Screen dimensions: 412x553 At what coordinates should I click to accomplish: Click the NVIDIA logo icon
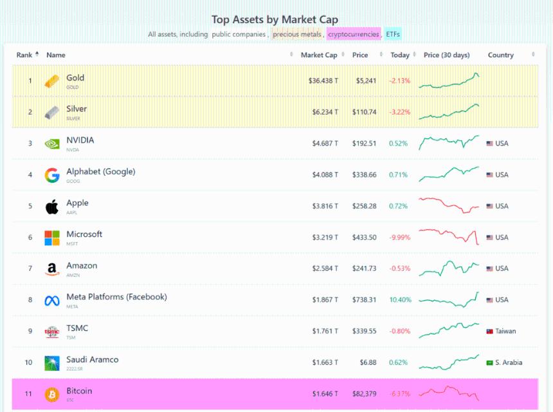(51, 144)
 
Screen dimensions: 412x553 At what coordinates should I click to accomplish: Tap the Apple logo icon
(51, 206)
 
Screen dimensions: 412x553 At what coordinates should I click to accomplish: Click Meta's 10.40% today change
(399, 300)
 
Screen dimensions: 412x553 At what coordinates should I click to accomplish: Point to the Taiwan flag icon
(489, 332)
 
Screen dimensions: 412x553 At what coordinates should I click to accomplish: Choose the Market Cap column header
(319, 55)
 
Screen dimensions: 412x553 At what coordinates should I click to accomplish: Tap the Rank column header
(24, 55)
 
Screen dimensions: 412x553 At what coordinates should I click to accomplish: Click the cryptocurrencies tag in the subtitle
(353, 34)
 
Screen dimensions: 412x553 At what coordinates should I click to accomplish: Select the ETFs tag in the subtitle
(393, 34)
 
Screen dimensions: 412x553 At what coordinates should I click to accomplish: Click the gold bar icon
(51, 81)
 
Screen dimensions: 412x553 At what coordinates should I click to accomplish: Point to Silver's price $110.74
(364, 112)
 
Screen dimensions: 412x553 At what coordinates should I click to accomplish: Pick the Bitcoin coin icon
(51, 394)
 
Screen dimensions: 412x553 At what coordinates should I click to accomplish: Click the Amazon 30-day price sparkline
(449, 267)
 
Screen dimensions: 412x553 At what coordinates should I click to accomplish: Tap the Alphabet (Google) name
(100, 172)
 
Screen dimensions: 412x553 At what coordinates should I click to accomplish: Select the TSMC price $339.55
(364, 332)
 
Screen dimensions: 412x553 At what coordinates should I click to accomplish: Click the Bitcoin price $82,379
(364, 394)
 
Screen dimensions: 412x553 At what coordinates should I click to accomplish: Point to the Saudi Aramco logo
(51, 363)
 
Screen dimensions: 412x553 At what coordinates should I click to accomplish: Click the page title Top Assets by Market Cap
(275, 20)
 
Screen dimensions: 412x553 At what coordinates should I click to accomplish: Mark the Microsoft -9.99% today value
(399, 238)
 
